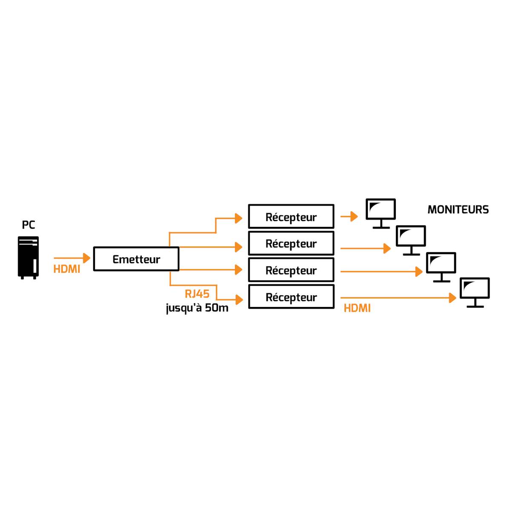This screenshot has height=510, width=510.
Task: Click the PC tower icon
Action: pyautogui.click(x=28, y=258)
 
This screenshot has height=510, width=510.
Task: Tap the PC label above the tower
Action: pyautogui.click(x=28, y=225)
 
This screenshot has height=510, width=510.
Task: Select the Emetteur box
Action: pyautogui.click(x=136, y=259)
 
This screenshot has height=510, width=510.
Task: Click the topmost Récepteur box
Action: pyautogui.click(x=291, y=216)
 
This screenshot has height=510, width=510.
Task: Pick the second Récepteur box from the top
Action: pyautogui.click(x=291, y=243)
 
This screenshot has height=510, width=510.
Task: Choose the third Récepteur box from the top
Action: pyautogui.click(x=291, y=270)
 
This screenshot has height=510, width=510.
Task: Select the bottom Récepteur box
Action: pyautogui.click(x=291, y=297)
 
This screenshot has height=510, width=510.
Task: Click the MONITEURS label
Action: pyautogui.click(x=458, y=209)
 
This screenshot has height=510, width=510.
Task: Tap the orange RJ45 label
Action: pyautogui.click(x=197, y=294)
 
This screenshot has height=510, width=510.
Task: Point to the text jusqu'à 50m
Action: pyautogui.click(x=197, y=308)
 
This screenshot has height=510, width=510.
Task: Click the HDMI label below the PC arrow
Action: pyautogui.click(x=67, y=269)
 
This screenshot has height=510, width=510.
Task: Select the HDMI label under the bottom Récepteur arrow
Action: pyautogui.click(x=357, y=308)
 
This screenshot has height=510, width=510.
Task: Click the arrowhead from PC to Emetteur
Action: pyautogui.click(x=87, y=258)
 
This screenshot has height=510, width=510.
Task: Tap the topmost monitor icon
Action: pyautogui.click(x=381, y=213)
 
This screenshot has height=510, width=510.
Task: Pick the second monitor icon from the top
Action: pyautogui.click(x=411, y=240)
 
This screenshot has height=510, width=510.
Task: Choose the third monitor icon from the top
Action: pyautogui.click(x=441, y=267)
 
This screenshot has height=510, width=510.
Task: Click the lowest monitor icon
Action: pyautogui.click(x=475, y=292)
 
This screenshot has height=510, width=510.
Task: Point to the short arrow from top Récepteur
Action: pyautogui.click(x=349, y=216)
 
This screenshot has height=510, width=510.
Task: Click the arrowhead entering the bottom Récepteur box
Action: pyautogui.click(x=239, y=300)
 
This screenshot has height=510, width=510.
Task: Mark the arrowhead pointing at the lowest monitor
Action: pyautogui.click(x=453, y=298)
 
